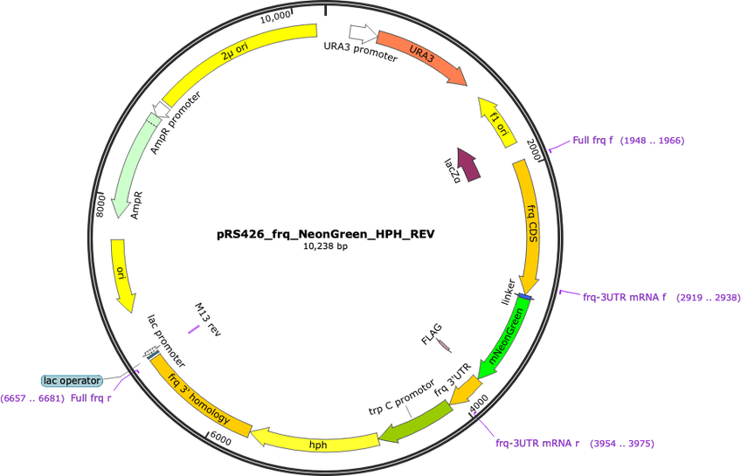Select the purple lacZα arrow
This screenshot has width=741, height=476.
click(x=468, y=165)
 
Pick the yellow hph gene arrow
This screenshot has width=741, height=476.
click(x=315, y=439)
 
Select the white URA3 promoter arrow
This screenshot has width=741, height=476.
click(x=363, y=32)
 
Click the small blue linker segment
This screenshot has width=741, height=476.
click(x=525, y=297)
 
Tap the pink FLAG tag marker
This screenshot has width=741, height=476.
click(x=444, y=345)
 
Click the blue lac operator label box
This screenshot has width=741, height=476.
click(x=72, y=380)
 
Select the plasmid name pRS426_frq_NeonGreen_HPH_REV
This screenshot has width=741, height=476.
click(x=326, y=234)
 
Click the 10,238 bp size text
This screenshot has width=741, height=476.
click(x=326, y=246)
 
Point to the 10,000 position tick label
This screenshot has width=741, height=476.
click(x=275, y=17)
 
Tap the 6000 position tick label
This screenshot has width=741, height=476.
click(x=221, y=438)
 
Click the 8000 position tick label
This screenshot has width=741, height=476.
click(x=100, y=206)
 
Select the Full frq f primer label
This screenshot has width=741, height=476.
click(x=592, y=140)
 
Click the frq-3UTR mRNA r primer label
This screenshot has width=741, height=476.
click(x=537, y=443)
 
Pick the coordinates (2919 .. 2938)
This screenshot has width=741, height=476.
click(x=709, y=298)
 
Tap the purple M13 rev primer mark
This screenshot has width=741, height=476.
click(x=194, y=329)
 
